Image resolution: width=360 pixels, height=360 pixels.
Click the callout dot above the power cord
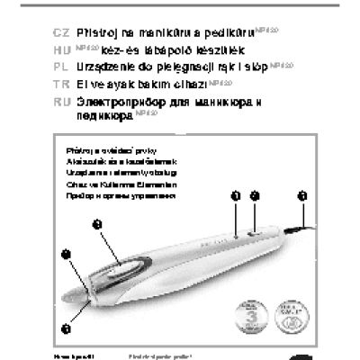click(x=301, y=195)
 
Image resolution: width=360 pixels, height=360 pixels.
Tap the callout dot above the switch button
click(x=255, y=195)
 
